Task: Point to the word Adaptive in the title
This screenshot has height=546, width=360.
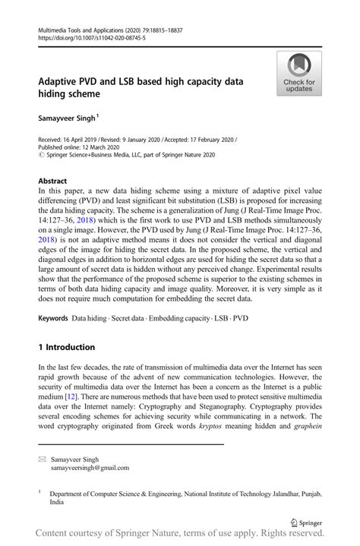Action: click(x=62, y=80)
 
